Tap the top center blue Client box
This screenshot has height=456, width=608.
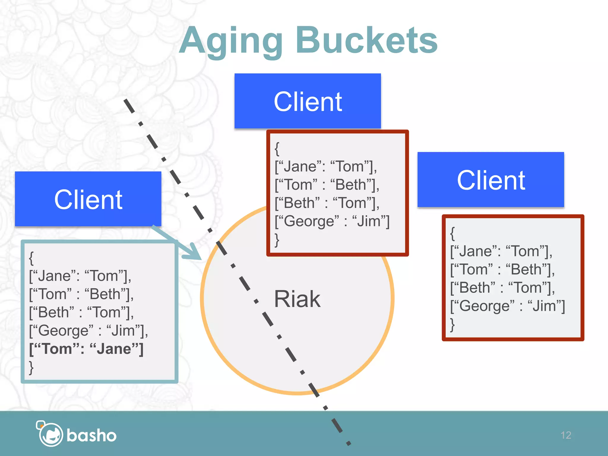[308, 101]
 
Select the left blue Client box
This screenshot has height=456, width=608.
[88, 199]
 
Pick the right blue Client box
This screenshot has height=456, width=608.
[491, 180]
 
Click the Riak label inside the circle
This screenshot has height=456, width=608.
[297, 299]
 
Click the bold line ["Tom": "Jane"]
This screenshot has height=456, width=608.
[86, 349]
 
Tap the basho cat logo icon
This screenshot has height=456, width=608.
[50, 434]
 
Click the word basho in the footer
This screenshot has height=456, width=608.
[91, 436]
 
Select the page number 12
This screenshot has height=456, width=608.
[566, 435]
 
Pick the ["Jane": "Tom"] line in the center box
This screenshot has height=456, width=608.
[326, 167]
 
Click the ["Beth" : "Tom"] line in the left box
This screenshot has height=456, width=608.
[81, 313]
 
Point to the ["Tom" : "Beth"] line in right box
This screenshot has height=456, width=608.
[502, 270]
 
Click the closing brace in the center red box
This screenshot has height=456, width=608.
[277, 240]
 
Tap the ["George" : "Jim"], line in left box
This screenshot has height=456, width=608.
[88, 331]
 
